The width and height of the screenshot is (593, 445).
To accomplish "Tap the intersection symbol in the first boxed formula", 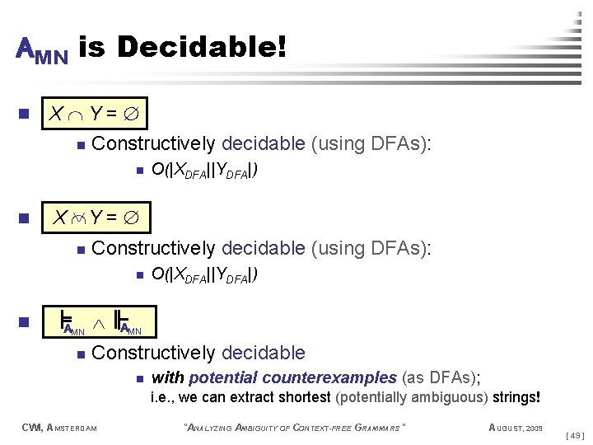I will [x=75, y=113].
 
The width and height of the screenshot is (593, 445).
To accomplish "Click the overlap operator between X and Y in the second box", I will [x=78, y=218].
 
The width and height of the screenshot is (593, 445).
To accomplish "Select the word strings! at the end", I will [x=516, y=397].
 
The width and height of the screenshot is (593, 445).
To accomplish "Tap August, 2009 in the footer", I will [x=515, y=427].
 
